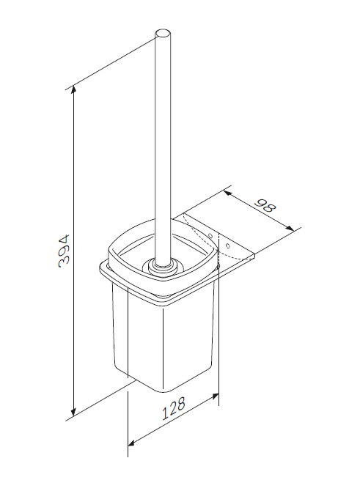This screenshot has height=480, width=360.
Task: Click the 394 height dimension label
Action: pyautogui.click(x=65, y=251)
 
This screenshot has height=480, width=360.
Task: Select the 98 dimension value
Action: pyautogui.click(x=265, y=206)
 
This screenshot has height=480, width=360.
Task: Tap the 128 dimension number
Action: pyautogui.click(x=174, y=408)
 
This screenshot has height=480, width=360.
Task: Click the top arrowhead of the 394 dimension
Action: pyautogui.click(x=73, y=90)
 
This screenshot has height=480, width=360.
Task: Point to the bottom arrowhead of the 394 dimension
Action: pyautogui.click(x=73, y=412)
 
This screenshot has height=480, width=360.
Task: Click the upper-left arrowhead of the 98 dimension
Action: pyautogui.click(x=227, y=193)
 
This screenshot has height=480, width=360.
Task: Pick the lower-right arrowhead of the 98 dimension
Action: pyautogui.click(x=290, y=228)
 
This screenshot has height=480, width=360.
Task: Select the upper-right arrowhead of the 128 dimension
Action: pyautogui.click(x=215, y=396)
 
